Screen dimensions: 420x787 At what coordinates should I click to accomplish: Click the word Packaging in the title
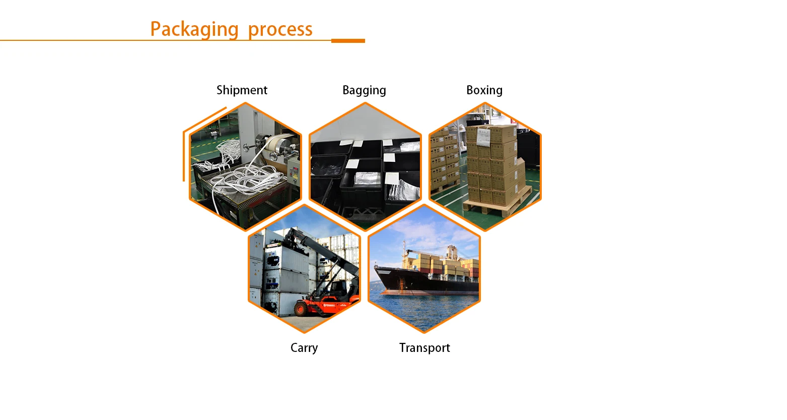pyautogui.click(x=194, y=29)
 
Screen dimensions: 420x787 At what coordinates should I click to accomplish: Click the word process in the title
pyautogui.click(x=280, y=29)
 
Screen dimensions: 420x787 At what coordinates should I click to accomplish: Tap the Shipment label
pyautogui.click(x=242, y=90)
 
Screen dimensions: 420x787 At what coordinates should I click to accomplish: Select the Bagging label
pyautogui.click(x=364, y=90)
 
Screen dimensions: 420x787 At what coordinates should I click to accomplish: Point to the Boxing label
pyautogui.click(x=484, y=90)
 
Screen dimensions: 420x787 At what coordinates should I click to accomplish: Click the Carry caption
pyautogui.click(x=304, y=348)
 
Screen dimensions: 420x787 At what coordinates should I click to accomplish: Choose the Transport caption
pyautogui.click(x=424, y=348)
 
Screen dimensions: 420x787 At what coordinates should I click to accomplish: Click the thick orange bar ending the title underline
pyautogui.click(x=348, y=41)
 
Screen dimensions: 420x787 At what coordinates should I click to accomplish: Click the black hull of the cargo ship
pyautogui.click(x=428, y=285)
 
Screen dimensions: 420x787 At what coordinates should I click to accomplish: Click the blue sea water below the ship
pyautogui.click(x=423, y=310)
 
